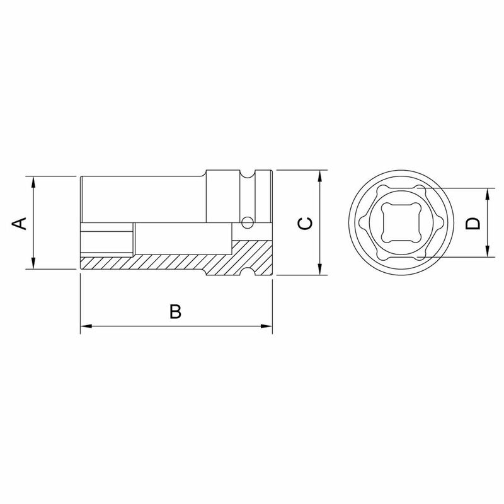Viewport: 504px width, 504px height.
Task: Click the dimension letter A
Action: pos(21,222)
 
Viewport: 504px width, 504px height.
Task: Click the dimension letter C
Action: pos(304,222)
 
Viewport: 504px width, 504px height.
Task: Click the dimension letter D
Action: pos(473,222)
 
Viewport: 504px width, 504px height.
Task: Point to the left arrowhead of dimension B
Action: pos(85,326)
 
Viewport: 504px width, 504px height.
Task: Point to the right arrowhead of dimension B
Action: pos(267,326)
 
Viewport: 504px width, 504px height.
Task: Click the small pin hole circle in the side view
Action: pos(248,221)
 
